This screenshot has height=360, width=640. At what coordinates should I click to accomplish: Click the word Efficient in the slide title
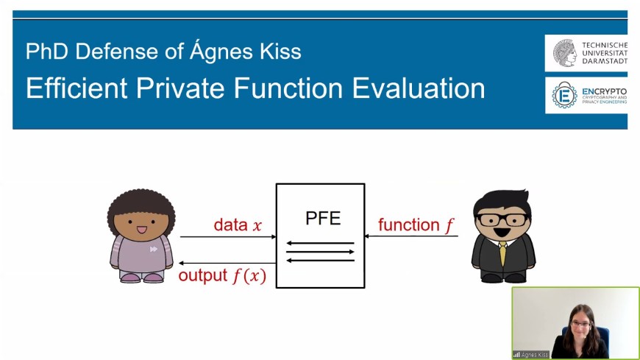point(77,88)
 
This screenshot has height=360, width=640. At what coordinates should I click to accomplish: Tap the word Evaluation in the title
point(419,88)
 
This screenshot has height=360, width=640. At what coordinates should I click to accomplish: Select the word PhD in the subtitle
point(46,52)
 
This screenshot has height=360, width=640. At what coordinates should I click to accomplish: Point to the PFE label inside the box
point(323,218)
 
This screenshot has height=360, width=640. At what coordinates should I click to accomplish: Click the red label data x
point(238,225)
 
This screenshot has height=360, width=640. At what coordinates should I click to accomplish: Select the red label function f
point(416,225)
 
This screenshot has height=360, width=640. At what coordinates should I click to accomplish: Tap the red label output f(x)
point(222,276)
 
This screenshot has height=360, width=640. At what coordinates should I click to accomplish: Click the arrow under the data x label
point(228,236)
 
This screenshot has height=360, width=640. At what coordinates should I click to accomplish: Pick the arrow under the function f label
point(411,236)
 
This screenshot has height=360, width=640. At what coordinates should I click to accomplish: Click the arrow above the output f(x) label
point(227,263)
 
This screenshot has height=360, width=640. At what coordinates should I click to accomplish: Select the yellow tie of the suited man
point(503,254)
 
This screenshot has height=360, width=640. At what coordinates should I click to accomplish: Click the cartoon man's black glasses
point(502,220)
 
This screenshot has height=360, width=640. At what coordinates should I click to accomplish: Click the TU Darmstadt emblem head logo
point(565,53)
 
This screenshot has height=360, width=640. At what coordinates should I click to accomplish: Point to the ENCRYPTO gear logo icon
point(564,96)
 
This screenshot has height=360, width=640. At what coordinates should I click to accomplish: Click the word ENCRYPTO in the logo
point(605,91)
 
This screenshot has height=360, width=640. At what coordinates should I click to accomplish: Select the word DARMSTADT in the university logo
point(605,61)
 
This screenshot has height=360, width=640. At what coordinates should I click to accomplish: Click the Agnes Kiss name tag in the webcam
point(531,355)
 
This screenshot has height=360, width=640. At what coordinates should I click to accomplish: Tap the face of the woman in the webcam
point(581,324)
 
